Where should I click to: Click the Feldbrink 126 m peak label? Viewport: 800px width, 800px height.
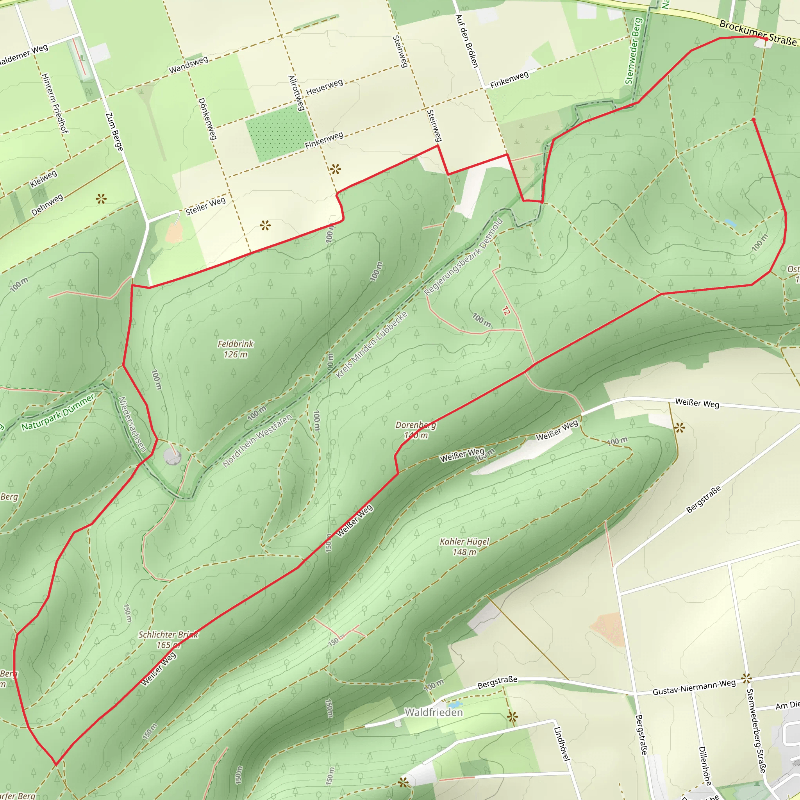point(235,349)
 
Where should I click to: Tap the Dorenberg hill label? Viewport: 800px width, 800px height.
point(416,430)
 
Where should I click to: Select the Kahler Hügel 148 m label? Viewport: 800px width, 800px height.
point(464,546)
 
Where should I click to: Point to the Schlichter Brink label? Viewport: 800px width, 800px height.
point(168,639)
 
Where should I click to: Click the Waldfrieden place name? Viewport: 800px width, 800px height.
point(434,712)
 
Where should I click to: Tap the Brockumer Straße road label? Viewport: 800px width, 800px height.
point(758,32)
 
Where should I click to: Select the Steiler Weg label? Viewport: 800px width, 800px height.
point(205,206)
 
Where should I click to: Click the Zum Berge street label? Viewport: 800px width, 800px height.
point(114,132)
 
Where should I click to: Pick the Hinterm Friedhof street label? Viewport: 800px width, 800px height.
point(55,103)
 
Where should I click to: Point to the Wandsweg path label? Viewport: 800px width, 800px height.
point(188,65)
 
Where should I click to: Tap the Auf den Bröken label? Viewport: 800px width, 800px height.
point(467,41)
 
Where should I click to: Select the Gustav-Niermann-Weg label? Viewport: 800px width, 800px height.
point(694,687)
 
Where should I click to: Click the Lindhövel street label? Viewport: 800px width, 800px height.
point(562,744)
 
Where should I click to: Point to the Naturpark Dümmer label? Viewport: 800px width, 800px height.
point(58,412)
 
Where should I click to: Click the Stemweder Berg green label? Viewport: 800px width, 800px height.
point(634,51)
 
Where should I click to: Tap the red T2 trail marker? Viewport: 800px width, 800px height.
point(505,311)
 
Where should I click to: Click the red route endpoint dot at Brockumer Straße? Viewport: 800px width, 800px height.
point(766,39)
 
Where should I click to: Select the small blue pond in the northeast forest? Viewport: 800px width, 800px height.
point(730,223)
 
